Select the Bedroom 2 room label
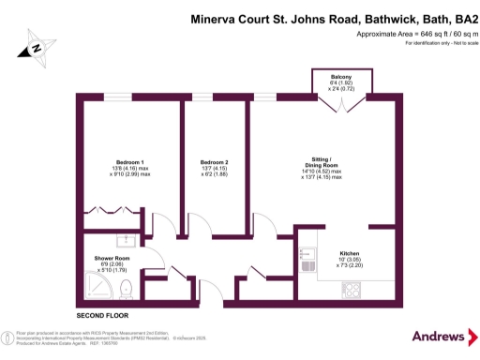pyautogui.click(x=214, y=162)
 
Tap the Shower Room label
pyautogui.click(x=112, y=259)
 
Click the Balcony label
pyautogui.click(x=341, y=76)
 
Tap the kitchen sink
pyautogui.click(x=308, y=254)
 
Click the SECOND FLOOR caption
pyautogui.click(x=102, y=315)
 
